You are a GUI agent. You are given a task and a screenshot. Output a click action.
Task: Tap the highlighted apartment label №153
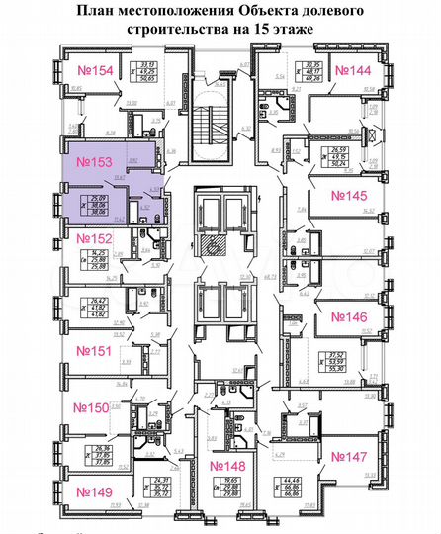[x=87, y=159]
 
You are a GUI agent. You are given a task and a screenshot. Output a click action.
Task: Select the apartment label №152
[x=88, y=238]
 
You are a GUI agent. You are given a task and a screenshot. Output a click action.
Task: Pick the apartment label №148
[x=229, y=466]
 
